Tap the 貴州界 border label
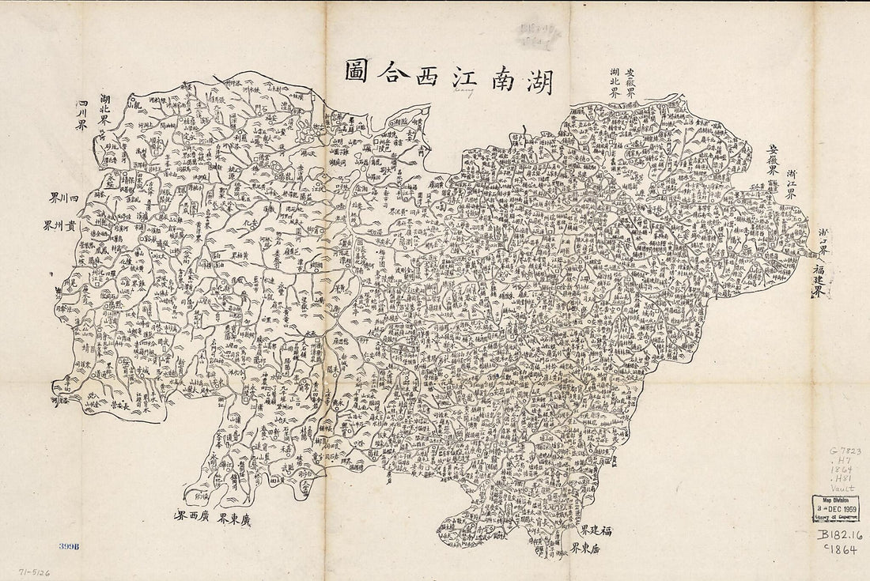click(x=59, y=225)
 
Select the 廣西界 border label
click(x=191, y=518)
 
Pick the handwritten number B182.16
click(x=841, y=536)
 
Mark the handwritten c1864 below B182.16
click(x=843, y=549)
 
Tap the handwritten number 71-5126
click(x=36, y=571)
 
